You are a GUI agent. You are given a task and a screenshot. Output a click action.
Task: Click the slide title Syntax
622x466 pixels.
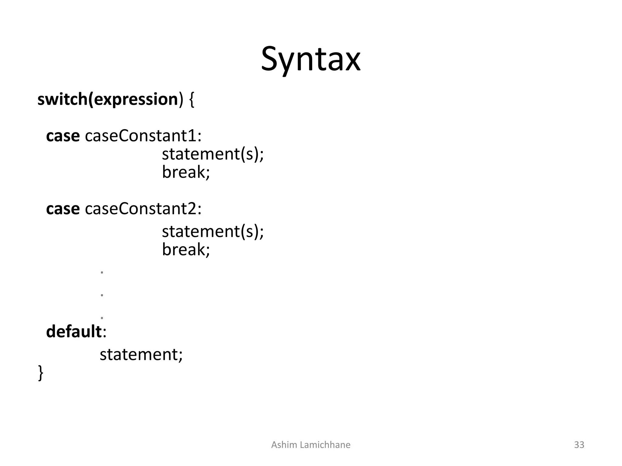[311, 59]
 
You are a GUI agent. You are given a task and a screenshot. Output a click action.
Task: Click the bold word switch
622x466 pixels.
[62, 100]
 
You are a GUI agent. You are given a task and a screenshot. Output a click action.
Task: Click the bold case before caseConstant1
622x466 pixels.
[63, 136]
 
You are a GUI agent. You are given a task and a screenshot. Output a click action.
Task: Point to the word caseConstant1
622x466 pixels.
[143, 136]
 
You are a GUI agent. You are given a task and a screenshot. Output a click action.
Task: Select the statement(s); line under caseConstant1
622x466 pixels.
[213, 154]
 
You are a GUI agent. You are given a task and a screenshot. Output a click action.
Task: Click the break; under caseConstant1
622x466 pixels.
[186, 172]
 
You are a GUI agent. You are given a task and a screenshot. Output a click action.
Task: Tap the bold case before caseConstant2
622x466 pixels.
[63, 209]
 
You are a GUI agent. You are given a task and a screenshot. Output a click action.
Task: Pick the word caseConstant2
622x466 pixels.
[143, 209]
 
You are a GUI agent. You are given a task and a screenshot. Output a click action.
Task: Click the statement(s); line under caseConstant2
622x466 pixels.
[213, 231]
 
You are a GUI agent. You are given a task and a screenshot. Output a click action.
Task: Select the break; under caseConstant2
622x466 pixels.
[186, 249]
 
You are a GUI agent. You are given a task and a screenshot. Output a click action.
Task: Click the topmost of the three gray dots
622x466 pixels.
[102, 272]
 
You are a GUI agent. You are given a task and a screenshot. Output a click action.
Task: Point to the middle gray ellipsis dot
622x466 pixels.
[102, 295]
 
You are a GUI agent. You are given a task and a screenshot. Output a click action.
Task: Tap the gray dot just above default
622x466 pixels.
[102, 318]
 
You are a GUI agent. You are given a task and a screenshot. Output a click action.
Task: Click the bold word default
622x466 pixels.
[73, 331]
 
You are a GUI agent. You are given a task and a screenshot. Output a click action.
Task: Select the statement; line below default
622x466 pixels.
[141, 354]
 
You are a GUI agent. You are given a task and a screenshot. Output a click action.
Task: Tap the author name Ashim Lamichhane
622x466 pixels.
[311, 445]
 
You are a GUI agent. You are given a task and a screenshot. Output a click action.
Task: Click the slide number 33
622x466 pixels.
[579, 445]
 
